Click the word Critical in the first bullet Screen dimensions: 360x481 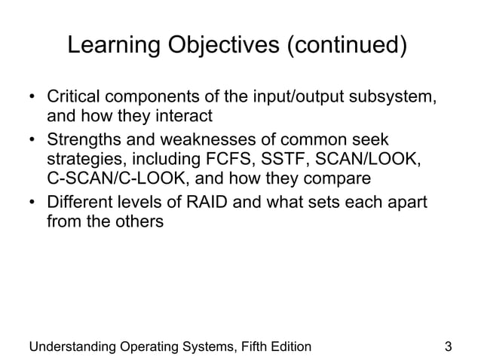tap(74, 99)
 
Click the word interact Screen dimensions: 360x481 tap(184, 117)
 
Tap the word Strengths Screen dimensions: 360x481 tap(82, 140)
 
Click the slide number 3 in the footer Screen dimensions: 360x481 tap(449, 346)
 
